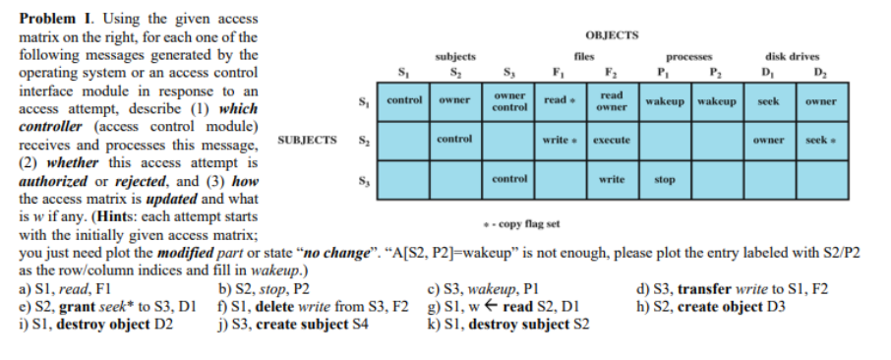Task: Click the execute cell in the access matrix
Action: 612,141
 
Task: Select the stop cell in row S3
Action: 665,181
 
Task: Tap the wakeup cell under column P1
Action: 666,101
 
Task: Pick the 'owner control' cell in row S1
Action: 508,101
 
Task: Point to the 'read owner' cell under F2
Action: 612,101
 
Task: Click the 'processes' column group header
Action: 689,57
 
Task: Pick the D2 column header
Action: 819,71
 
